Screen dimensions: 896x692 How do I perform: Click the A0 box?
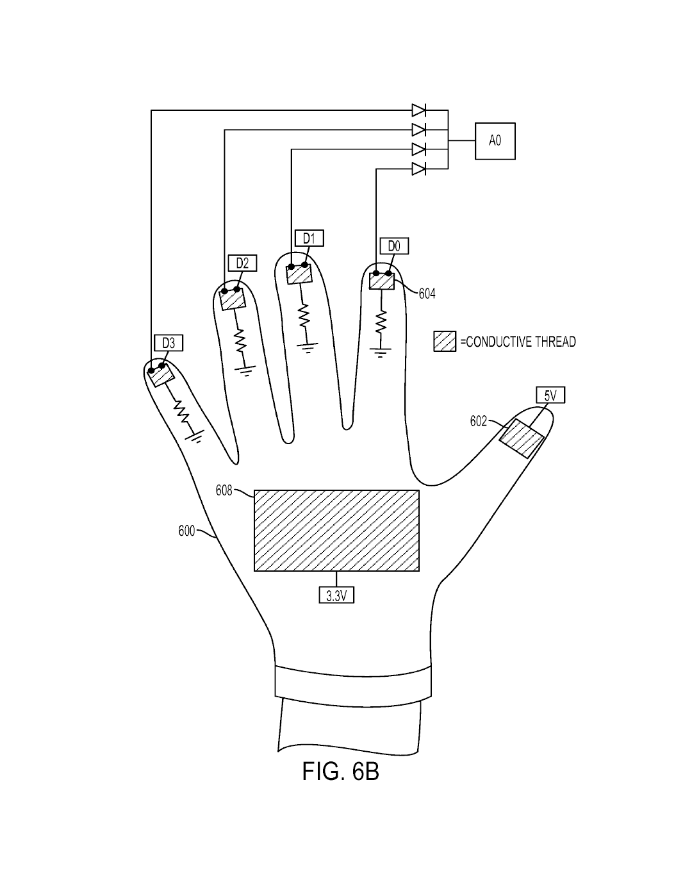coord(494,141)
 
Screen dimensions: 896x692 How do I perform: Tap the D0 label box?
coord(393,246)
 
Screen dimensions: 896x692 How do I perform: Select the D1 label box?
coord(309,238)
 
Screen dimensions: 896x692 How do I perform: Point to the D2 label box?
coord(242,263)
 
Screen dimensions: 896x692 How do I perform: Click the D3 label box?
coord(168,344)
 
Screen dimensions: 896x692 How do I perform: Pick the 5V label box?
coord(550,396)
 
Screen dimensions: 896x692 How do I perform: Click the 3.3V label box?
coord(336,595)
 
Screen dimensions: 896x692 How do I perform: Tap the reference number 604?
coord(427,294)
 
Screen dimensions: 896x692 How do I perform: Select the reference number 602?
coord(479,421)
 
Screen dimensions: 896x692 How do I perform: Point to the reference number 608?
coord(224,492)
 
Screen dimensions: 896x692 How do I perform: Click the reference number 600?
coord(186,531)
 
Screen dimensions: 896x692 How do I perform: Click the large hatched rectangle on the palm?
coord(336,530)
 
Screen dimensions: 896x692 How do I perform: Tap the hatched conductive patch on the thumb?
coord(522,438)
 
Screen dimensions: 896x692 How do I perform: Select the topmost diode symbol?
coord(419,110)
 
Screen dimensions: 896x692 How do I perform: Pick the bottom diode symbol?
coord(419,169)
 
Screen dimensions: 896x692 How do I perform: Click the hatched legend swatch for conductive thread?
coord(444,342)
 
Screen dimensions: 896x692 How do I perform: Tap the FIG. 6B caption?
coord(340,772)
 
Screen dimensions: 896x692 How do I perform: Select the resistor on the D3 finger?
coord(184,412)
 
